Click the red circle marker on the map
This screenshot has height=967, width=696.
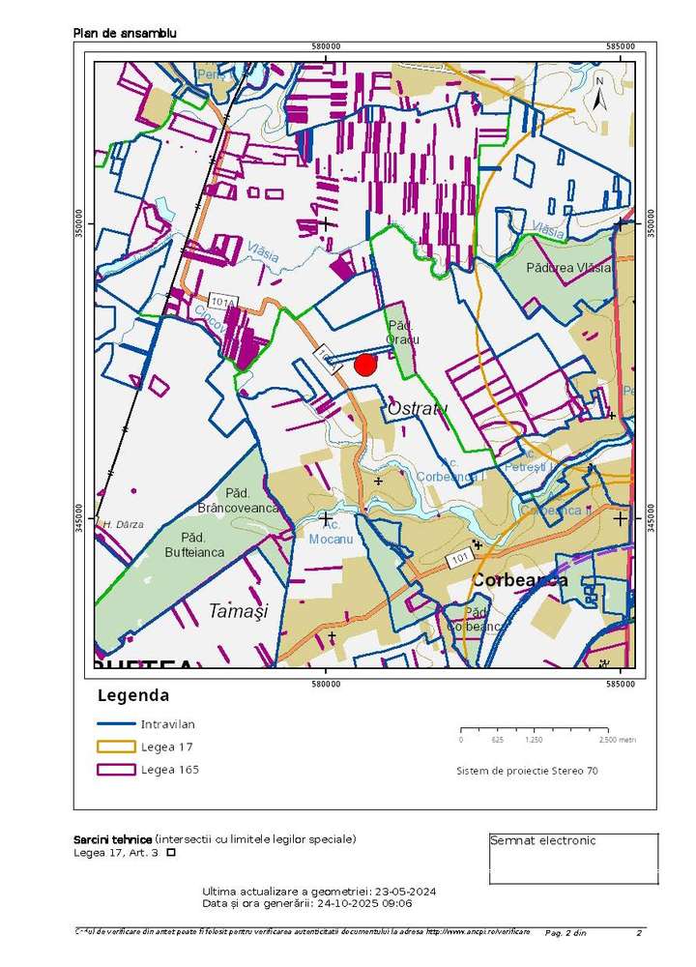pyautogui.click(x=365, y=365)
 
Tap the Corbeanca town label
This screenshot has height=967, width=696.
pyautogui.click(x=519, y=580)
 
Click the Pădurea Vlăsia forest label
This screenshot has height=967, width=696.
pyautogui.click(x=568, y=268)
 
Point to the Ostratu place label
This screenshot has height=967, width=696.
pyautogui.click(x=418, y=409)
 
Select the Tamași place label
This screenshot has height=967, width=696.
pyautogui.click(x=237, y=611)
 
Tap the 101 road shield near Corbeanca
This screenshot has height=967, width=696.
pyautogui.click(x=458, y=559)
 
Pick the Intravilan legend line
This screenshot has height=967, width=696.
pyautogui.click(x=116, y=723)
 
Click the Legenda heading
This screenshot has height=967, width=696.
pyautogui.click(x=133, y=695)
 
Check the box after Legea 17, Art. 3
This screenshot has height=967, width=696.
pyautogui.click(x=171, y=853)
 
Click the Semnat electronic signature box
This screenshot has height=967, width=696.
pyautogui.click(x=573, y=859)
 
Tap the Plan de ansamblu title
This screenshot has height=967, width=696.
pyautogui.click(x=125, y=34)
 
